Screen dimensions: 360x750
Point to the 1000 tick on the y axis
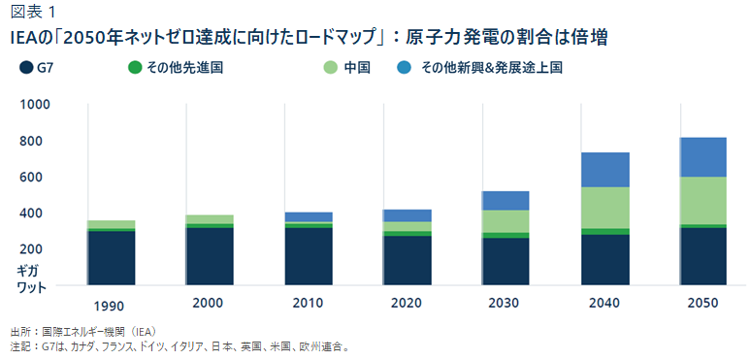coord(33,105)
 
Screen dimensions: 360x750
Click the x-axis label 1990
coord(111,304)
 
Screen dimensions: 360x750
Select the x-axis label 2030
coord(505,304)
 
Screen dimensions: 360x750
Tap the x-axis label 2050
coord(703,304)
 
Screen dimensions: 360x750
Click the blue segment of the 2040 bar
coord(604,170)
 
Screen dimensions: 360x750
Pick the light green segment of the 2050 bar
coord(703,200)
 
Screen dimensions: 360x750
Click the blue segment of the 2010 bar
coord(309,216)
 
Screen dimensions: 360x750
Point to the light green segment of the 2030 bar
coord(505,221)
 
